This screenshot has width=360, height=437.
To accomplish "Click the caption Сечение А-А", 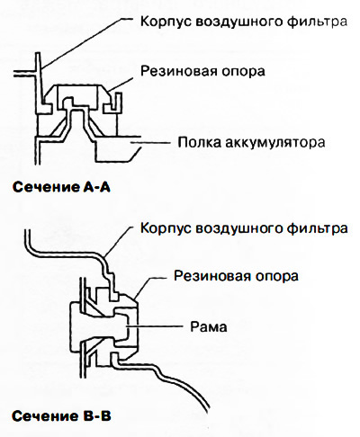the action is pos(61,187).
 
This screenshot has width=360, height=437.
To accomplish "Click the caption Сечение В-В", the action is pos(61,415).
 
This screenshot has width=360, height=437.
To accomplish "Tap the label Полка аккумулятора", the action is pos(251,142).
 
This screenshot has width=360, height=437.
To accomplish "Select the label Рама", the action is pos(209,326).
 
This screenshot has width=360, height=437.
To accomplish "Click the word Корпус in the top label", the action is pos(166,22).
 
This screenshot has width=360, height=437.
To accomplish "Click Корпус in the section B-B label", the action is pos(166,228).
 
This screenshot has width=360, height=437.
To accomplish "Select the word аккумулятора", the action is pos(274,143).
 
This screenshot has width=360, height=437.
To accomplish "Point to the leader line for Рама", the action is pos(155,326).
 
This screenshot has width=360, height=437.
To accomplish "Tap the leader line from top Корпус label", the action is pos(86,42).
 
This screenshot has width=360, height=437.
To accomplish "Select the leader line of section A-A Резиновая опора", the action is pos(121,84).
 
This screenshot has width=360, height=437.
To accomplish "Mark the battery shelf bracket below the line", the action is pos(117,151).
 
